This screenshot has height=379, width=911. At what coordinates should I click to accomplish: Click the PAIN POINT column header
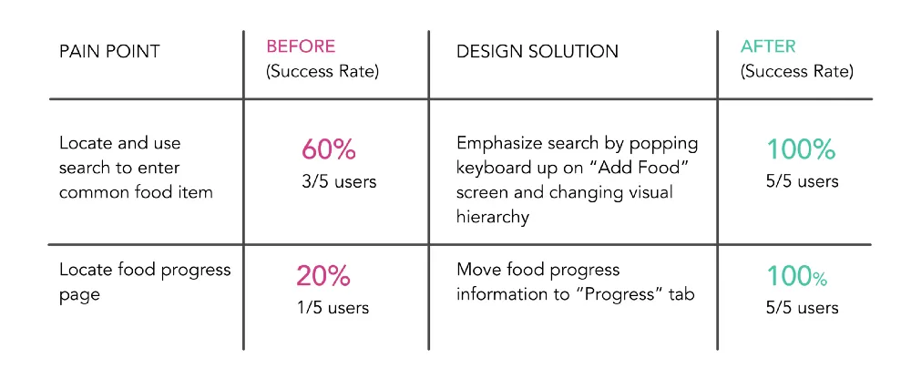coord(109,51)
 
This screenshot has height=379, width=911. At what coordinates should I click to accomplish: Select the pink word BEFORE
coord(301,46)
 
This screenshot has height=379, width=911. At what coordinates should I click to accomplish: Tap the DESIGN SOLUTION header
coord(537,51)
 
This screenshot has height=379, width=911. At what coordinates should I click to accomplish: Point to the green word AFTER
coord(768,46)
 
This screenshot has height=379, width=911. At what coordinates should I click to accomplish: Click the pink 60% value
coord(328,150)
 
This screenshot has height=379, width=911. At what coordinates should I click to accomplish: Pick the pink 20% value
coord(323,275)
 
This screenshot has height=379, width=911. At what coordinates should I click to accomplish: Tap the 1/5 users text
coord(333,307)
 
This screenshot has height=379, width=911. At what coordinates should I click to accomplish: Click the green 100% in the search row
coord(801,149)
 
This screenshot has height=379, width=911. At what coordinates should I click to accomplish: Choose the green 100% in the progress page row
coord(797,276)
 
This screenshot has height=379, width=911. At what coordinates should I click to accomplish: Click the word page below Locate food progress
coord(79,295)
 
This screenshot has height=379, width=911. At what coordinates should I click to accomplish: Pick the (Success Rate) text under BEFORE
coord(322,72)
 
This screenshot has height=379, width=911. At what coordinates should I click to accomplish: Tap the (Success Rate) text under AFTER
coord(796,72)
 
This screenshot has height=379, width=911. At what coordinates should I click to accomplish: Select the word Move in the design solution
coord(477,270)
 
